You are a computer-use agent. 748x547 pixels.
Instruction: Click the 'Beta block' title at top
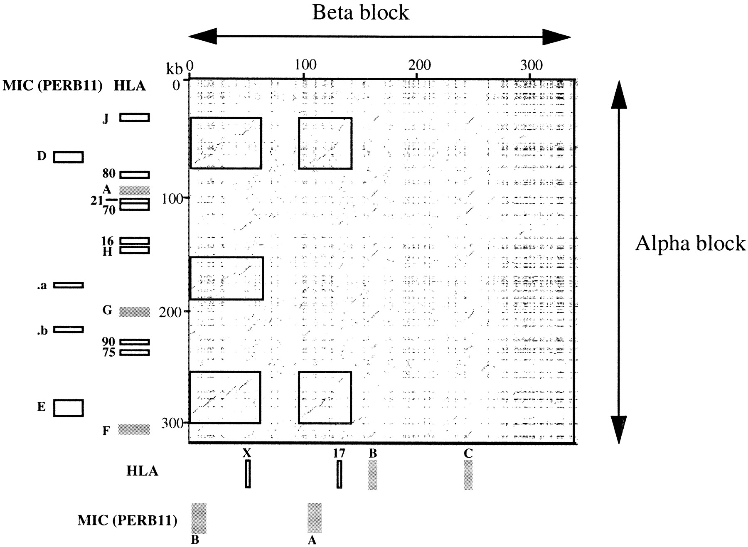click(360, 12)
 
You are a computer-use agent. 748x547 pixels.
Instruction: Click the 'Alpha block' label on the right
click(690, 243)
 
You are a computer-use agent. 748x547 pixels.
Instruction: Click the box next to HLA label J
click(134, 117)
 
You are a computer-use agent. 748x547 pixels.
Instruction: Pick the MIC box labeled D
click(68, 157)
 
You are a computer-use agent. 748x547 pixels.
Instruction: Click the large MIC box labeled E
click(68, 408)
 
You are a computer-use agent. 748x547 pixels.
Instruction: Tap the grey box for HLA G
click(134, 312)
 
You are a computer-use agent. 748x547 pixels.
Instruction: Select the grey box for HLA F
click(134, 429)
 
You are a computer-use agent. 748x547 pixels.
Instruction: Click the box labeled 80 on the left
click(134, 175)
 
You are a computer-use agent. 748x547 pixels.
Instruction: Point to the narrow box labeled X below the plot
click(248, 473)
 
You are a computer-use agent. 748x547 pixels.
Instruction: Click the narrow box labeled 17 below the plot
click(340, 473)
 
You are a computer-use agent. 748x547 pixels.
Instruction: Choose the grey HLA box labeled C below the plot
click(468, 474)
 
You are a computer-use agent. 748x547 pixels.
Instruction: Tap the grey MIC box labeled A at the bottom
click(315, 518)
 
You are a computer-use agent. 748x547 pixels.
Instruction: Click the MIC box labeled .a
click(68, 285)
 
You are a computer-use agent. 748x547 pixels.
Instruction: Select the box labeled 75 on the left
click(134, 352)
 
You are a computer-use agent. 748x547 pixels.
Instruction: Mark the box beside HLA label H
click(134, 250)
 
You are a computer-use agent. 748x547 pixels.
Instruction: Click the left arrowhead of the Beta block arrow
click(202, 36)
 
